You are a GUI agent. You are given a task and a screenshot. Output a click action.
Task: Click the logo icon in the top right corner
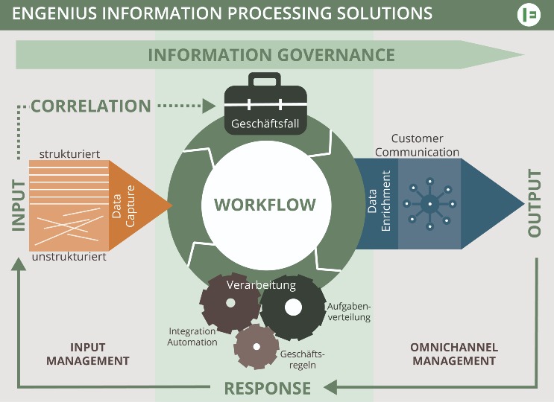pyautogui.click(x=528, y=14)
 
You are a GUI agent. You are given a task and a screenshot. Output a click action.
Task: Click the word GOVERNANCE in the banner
pyautogui.click(x=333, y=54)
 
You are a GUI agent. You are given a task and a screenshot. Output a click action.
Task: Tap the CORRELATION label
pyautogui.click(x=90, y=106)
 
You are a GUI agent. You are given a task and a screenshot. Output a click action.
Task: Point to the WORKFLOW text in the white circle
pyautogui.click(x=265, y=205)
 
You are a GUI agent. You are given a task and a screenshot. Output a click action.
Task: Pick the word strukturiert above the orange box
pyautogui.click(x=69, y=154)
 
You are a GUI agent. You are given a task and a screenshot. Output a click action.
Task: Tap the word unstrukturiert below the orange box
pyautogui.click(x=69, y=257)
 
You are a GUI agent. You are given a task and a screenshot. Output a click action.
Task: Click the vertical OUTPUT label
pyautogui.click(x=534, y=204)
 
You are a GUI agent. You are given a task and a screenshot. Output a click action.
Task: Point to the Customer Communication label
pyautogui.click(x=417, y=145)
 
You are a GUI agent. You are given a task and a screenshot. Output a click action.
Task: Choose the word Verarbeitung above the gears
pyautogui.click(x=260, y=285)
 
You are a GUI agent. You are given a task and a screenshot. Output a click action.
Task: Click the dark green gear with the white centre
pyautogui.click(x=293, y=307)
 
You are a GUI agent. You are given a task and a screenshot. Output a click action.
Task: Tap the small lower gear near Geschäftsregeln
pyautogui.click(x=256, y=346)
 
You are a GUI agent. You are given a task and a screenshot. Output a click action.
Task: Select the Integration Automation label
pyautogui.click(x=192, y=336)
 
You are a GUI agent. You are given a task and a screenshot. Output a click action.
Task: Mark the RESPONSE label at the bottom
pyautogui.click(x=268, y=388)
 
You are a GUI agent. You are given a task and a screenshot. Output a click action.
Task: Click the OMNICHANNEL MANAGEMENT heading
pyautogui.click(x=454, y=354)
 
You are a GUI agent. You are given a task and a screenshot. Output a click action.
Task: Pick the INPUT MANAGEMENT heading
pyautogui.click(x=88, y=354)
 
